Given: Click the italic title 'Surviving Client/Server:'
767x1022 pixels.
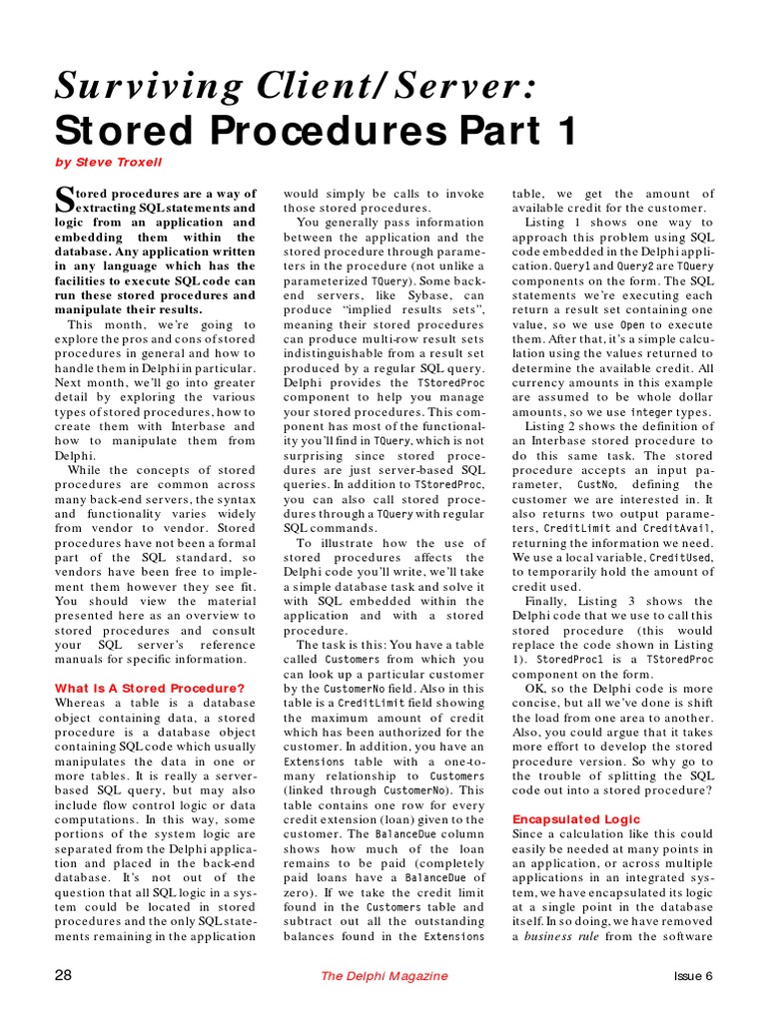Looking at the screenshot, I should point(296,88).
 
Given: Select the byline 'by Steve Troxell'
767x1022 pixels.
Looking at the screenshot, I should point(109,162).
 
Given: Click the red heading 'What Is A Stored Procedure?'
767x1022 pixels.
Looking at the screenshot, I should point(150,688).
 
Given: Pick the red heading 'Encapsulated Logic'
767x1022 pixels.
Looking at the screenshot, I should point(576,818).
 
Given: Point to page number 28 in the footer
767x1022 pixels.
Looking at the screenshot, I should point(63,976).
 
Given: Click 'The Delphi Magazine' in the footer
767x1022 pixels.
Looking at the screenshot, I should point(384,976).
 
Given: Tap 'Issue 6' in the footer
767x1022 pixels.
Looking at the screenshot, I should point(693,976).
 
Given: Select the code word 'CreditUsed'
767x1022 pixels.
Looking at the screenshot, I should point(680,557).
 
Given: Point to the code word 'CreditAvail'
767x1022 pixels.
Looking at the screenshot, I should point(678,527).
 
